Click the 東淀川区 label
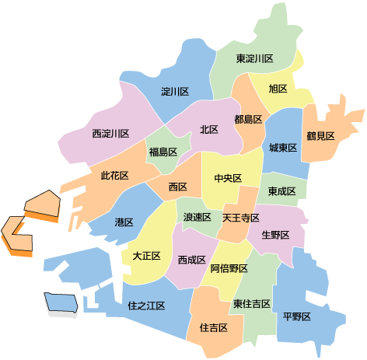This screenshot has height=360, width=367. point(255,59)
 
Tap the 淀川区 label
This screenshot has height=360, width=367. point(175,92)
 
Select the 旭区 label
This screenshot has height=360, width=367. point(278,89)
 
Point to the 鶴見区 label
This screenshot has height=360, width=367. point(320,136)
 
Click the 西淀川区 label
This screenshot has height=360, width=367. point(110,134)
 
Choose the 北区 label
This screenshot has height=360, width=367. point(208,130)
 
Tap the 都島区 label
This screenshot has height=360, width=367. point(247,119)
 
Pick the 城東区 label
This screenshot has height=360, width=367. point(283,148)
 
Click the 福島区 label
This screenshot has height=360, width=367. point(163,152)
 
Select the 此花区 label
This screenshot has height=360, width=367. point(114,177)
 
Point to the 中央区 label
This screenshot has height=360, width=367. point(228,178)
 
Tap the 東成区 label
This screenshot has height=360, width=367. point(281,190)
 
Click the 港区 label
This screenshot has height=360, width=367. point(124,222)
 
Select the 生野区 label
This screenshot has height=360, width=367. point(275,235)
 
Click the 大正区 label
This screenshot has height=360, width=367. point(146,255)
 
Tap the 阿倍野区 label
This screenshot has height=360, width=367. point(229,268)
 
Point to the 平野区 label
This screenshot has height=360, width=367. point(297,316)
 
